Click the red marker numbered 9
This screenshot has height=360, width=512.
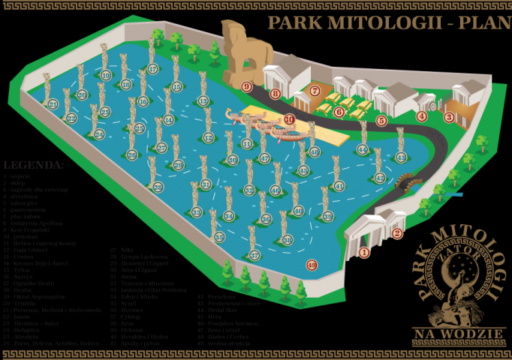[x=246, y=87]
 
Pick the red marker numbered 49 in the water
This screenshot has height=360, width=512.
[x=312, y=263]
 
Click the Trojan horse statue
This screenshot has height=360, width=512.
[x=239, y=49]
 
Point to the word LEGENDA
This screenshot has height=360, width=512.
[x=34, y=164]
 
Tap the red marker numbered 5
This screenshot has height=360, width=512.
[x=381, y=120]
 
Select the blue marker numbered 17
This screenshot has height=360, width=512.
[x=152, y=69]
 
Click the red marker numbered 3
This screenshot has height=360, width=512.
[x=449, y=117]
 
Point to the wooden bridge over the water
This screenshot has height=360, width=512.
[x=405, y=181]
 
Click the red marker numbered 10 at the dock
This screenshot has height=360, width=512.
[x=289, y=119]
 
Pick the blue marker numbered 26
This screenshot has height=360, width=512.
[x=132, y=155]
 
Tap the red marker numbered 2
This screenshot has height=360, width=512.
[x=397, y=233]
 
